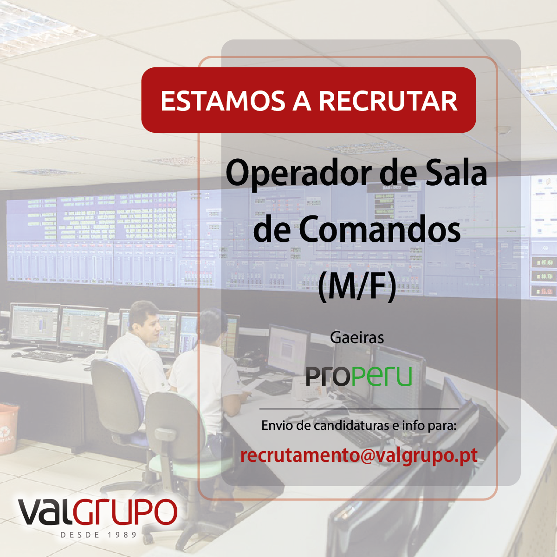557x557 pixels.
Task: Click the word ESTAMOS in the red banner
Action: coord(223,101)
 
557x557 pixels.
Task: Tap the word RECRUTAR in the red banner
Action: coord(388,101)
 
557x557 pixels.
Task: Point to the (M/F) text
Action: coord(357,287)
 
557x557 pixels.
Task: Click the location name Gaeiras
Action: coord(357,337)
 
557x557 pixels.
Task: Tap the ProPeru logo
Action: coord(359,376)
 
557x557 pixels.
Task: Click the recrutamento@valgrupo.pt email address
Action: coord(359,456)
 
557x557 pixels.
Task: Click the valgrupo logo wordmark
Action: coord(97,512)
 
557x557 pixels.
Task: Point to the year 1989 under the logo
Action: coord(122,535)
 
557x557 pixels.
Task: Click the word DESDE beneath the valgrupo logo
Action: coord(80,535)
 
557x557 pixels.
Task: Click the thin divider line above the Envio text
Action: coord(359,409)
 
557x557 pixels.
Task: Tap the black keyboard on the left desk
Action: coord(47,356)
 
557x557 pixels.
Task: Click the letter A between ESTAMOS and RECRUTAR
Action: coord(302,101)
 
